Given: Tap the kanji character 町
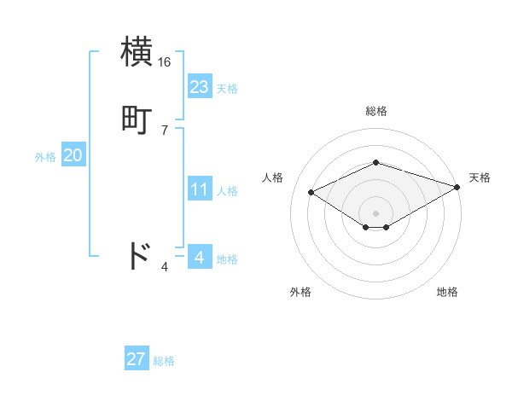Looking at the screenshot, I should click(138, 120).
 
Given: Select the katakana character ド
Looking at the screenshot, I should click(138, 257).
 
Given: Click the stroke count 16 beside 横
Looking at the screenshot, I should click(164, 62).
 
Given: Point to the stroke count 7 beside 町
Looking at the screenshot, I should click(164, 131).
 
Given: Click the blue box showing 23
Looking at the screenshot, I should click(199, 86).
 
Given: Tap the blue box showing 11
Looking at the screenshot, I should click(199, 189).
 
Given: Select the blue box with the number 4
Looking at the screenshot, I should click(199, 257).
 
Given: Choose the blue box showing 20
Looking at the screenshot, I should click(73, 155).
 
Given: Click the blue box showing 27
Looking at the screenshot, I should click(136, 359).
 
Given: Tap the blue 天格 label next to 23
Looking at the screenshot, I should click(227, 88).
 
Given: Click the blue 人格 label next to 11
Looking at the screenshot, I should click(227, 191).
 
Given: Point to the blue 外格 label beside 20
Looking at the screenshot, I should click(45, 157).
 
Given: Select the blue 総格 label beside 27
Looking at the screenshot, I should click(164, 361).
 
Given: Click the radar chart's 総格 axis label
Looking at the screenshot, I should click(375, 111).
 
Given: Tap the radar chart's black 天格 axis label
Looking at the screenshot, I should click(480, 177).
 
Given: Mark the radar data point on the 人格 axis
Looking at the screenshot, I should click(311, 191).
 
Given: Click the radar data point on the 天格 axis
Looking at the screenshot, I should click(458, 186).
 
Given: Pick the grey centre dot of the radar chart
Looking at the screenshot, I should click(375, 212).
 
